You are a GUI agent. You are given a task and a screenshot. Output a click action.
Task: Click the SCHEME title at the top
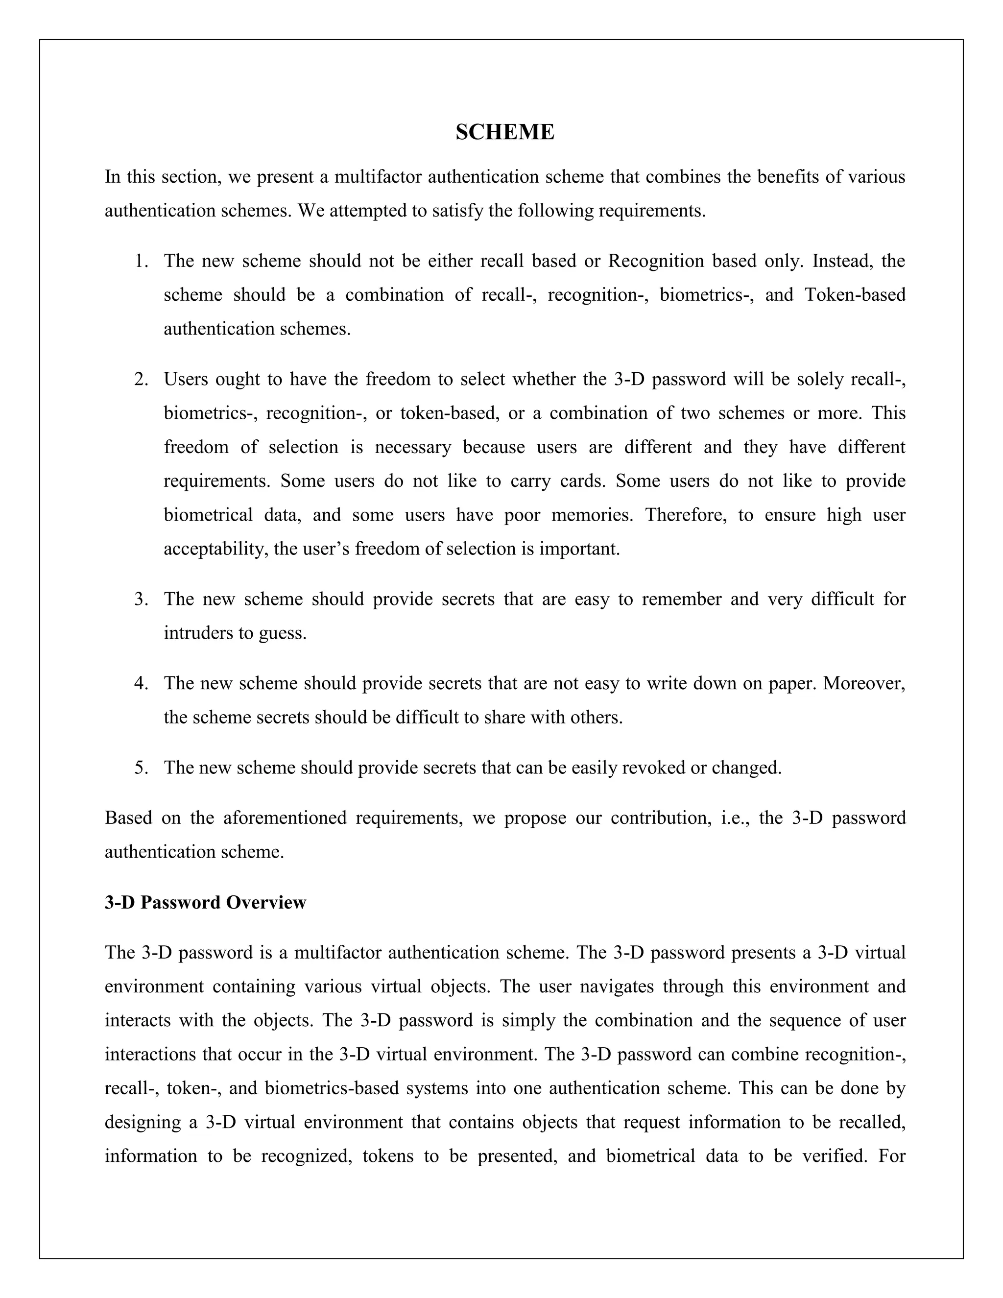504,132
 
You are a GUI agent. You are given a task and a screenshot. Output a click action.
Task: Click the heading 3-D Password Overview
205,902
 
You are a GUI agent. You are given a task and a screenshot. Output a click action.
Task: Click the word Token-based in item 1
855,295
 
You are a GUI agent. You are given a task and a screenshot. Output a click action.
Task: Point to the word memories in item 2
592,515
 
